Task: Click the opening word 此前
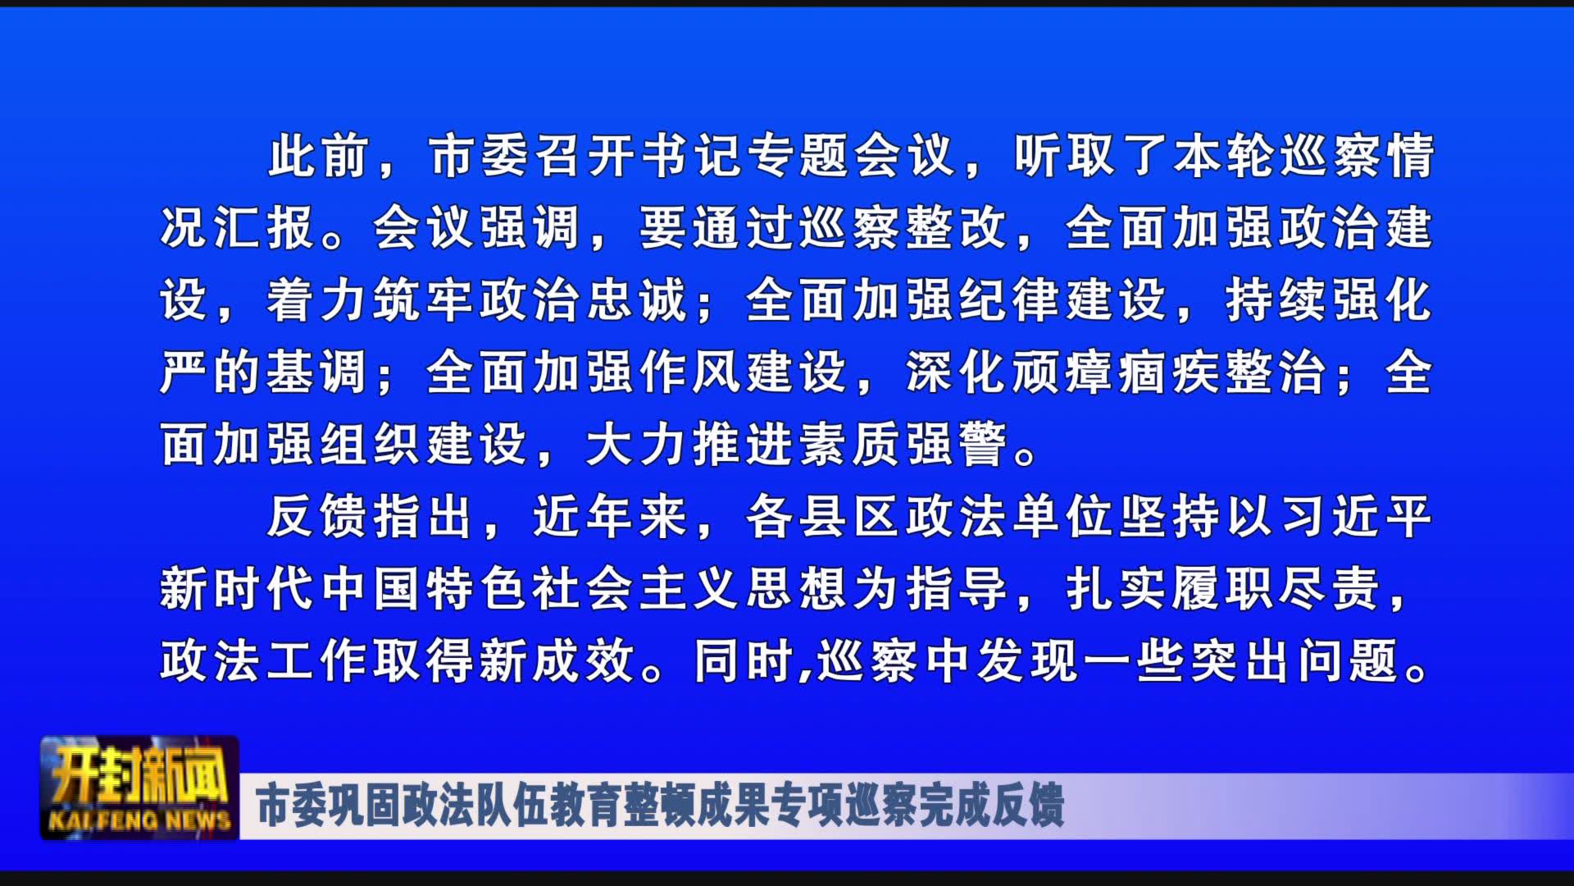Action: [318, 156]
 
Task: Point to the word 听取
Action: [1064, 156]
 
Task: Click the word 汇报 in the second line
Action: [265, 228]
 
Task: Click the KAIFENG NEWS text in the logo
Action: [139, 820]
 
